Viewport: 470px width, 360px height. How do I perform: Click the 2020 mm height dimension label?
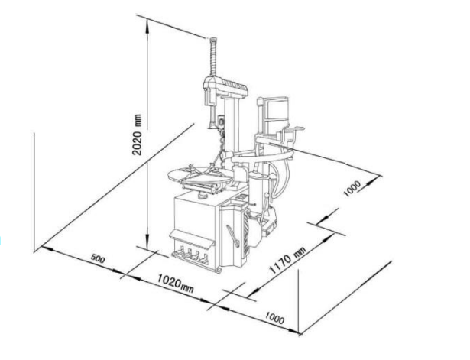(x=137, y=135)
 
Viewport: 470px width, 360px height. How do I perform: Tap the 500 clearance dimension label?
(x=98, y=258)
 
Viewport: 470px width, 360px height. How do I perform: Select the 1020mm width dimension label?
(x=176, y=283)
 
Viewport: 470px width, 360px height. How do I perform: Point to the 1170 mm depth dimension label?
(x=288, y=260)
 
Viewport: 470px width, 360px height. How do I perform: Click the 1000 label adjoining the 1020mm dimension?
(x=274, y=318)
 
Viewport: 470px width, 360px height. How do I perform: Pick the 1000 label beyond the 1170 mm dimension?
(x=352, y=189)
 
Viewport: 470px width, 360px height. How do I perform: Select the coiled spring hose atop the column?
(x=213, y=57)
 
